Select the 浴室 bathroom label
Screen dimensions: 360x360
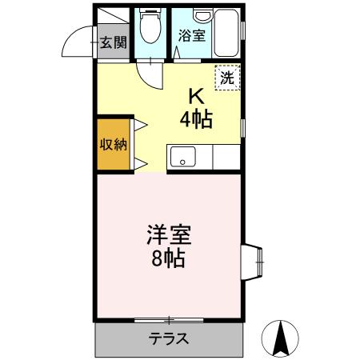coord(190,36)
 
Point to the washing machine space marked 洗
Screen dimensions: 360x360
coord(226,78)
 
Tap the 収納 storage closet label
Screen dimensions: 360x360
coord(112,145)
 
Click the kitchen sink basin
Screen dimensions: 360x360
coord(182,157)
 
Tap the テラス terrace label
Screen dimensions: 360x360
coord(169,339)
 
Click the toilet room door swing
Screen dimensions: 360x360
coord(149,76)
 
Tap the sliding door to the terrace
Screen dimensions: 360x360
coord(169,319)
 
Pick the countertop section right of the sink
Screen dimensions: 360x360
coord(226,157)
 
